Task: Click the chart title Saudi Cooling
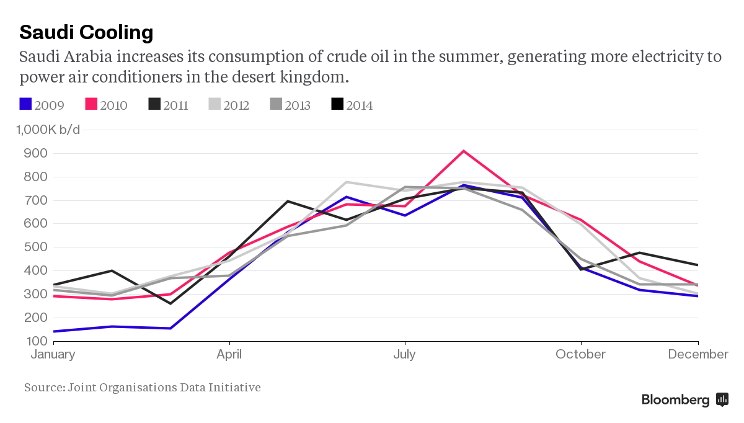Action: [86, 33]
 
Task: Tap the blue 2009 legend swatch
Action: [25, 104]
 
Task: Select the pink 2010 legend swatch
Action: [91, 104]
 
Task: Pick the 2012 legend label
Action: [236, 105]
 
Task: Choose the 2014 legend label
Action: [360, 105]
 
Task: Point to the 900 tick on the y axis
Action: [35, 153]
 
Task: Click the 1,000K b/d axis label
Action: [48, 130]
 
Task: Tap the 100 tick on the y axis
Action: [35, 341]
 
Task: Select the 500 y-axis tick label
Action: [35, 247]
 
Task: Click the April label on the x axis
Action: [229, 355]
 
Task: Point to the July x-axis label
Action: [404, 355]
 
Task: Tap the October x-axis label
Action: [580, 354]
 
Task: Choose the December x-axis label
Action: [698, 354]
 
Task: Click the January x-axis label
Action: [53, 355]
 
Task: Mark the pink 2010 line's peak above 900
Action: [463, 151]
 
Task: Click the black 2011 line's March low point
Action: [170, 303]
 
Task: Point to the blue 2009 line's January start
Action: [54, 331]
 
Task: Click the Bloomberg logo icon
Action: [722, 399]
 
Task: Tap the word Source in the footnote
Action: [45, 388]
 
